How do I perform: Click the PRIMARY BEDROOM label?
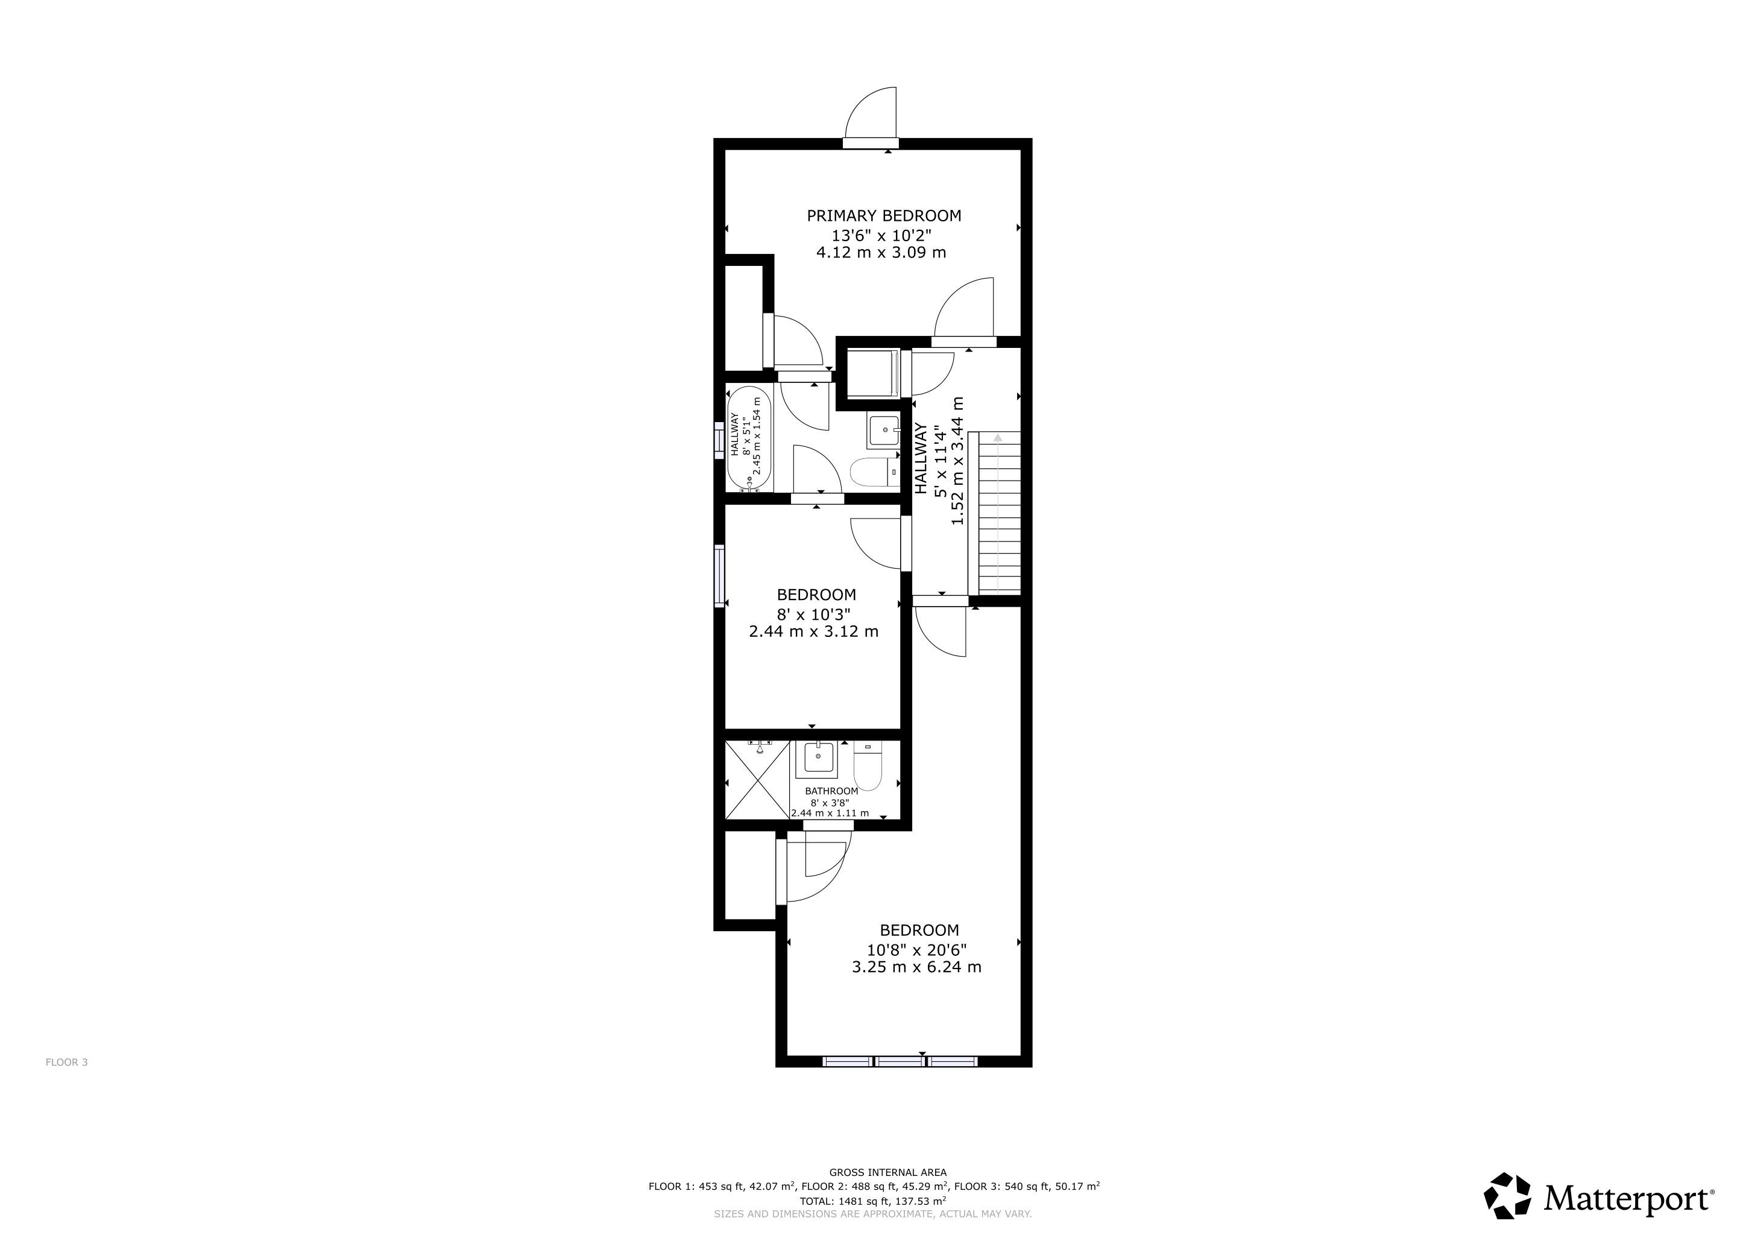click(884, 216)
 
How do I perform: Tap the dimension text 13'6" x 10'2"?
click(881, 236)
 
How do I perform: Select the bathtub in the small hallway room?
click(750, 440)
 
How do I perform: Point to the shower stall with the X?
click(757, 780)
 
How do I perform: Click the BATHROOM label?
click(831, 791)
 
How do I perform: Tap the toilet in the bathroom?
click(867, 766)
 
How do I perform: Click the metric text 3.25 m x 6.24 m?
click(916, 967)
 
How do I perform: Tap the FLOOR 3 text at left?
click(67, 1063)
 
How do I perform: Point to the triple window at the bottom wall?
click(900, 1061)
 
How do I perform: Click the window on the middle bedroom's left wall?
click(719, 576)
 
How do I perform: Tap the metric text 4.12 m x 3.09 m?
click(881, 253)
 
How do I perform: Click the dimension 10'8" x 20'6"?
click(917, 950)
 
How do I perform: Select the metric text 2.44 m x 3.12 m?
click(814, 631)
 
